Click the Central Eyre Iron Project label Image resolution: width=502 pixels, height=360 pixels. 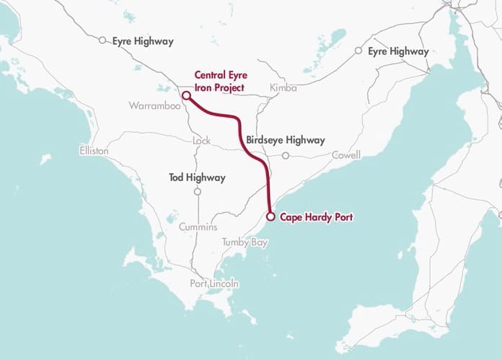[x=219, y=81]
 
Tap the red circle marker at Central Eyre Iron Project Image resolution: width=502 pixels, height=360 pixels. [x=185, y=95]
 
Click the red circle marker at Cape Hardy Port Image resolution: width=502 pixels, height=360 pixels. [x=270, y=216]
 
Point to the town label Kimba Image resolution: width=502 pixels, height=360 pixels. [x=283, y=88]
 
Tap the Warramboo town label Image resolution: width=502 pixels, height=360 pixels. [x=153, y=105]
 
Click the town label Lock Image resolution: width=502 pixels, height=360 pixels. [x=201, y=141]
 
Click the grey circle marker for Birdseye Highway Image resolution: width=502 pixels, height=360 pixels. [x=286, y=155]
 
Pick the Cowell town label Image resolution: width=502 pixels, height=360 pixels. [x=345, y=155]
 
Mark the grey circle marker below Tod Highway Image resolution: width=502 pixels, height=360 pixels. [x=197, y=192]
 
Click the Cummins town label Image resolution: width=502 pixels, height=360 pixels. [x=198, y=227]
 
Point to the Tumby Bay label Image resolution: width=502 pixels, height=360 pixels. [x=245, y=242]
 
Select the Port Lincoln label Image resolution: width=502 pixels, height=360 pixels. [x=214, y=284]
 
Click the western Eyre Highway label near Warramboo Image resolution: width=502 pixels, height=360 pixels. [x=143, y=41]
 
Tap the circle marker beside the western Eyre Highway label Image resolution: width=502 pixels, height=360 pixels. [x=102, y=41]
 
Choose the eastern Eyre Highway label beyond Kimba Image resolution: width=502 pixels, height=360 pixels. [x=398, y=51]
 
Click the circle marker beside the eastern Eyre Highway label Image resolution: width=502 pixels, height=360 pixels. [x=358, y=51]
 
